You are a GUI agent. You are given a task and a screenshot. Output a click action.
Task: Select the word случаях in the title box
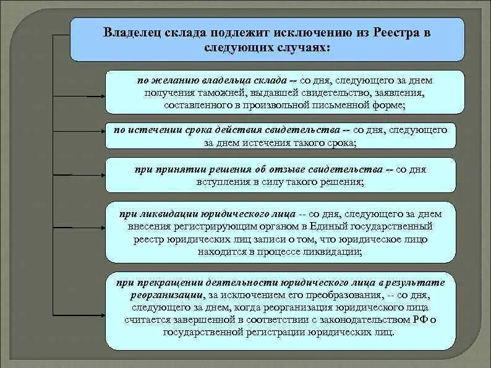(305, 47)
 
